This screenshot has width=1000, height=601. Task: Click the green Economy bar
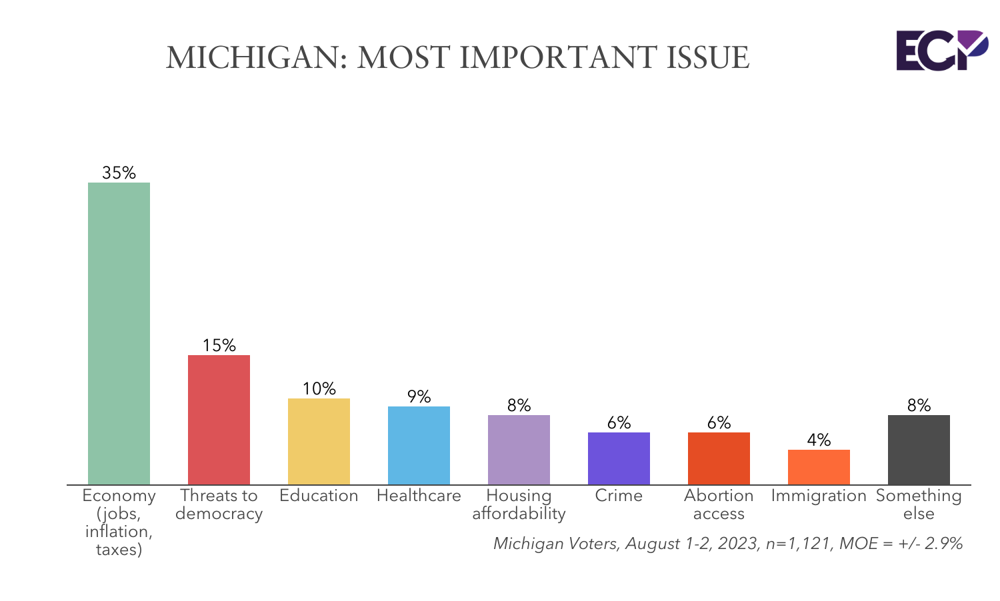click(x=119, y=333)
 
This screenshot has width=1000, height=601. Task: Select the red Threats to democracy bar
click(x=219, y=420)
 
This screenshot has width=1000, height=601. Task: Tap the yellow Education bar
click(x=319, y=441)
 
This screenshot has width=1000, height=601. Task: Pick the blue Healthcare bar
click(x=419, y=445)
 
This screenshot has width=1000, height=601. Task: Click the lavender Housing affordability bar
click(x=519, y=450)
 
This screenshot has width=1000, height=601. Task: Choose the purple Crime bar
click(x=619, y=458)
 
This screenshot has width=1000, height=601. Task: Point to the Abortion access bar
click(x=719, y=458)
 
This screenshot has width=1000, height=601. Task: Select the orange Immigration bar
click(x=819, y=467)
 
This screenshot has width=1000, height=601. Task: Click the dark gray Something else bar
click(x=919, y=450)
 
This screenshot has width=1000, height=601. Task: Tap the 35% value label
click(x=119, y=173)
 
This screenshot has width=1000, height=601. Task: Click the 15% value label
click(x=219, y=345)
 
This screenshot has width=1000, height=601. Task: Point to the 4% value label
click(x=819, y=440)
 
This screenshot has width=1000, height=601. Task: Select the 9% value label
click(x=419, y=397)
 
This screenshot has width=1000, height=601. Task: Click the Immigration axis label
click(x=819, y=496)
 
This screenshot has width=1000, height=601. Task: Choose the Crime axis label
click(x=619, y=496)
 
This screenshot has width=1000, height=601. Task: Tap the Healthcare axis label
click(x=419, y=496)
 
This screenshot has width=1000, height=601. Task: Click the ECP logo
click(x=941, y=50)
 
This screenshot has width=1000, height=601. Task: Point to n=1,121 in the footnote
click(x=799, y=544)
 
